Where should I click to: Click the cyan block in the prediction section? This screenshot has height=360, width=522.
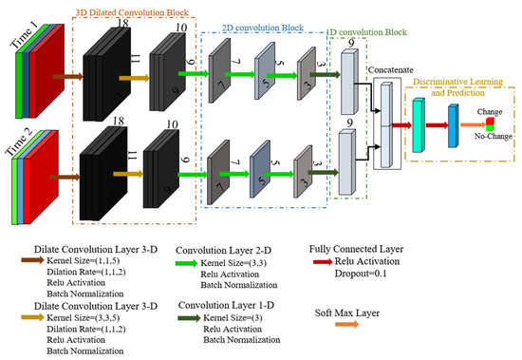[x=418, y=122]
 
